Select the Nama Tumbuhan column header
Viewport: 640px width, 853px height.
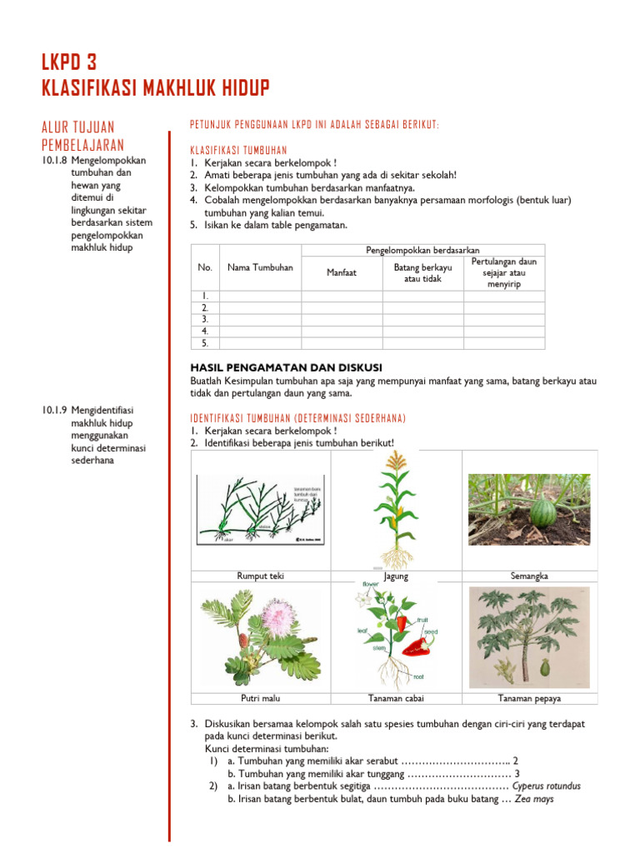click(x=260, y=267)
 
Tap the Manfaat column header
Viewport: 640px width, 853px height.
click(x=342, y=272)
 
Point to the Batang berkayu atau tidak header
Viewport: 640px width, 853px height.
click(x=422, y=272)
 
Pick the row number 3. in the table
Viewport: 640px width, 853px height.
click(x=205, y=319)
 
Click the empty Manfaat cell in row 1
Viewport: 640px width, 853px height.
click(x=342, y=296)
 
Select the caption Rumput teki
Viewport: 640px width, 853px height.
click(x=260, y=576)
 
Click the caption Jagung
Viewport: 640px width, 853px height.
click(x=396, y=576)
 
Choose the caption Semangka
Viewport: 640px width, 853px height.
click(x=529, y=576)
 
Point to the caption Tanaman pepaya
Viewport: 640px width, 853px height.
click(x=529, y=699)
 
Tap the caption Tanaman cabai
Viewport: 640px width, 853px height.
click(x=396, y=699)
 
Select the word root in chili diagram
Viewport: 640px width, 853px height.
click(x=418, y=678)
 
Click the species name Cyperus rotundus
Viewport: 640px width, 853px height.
click(x=547, y=786)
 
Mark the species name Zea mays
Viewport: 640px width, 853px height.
click(x=533, y=799)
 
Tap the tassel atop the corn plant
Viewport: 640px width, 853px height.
click(x=397, y=461)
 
